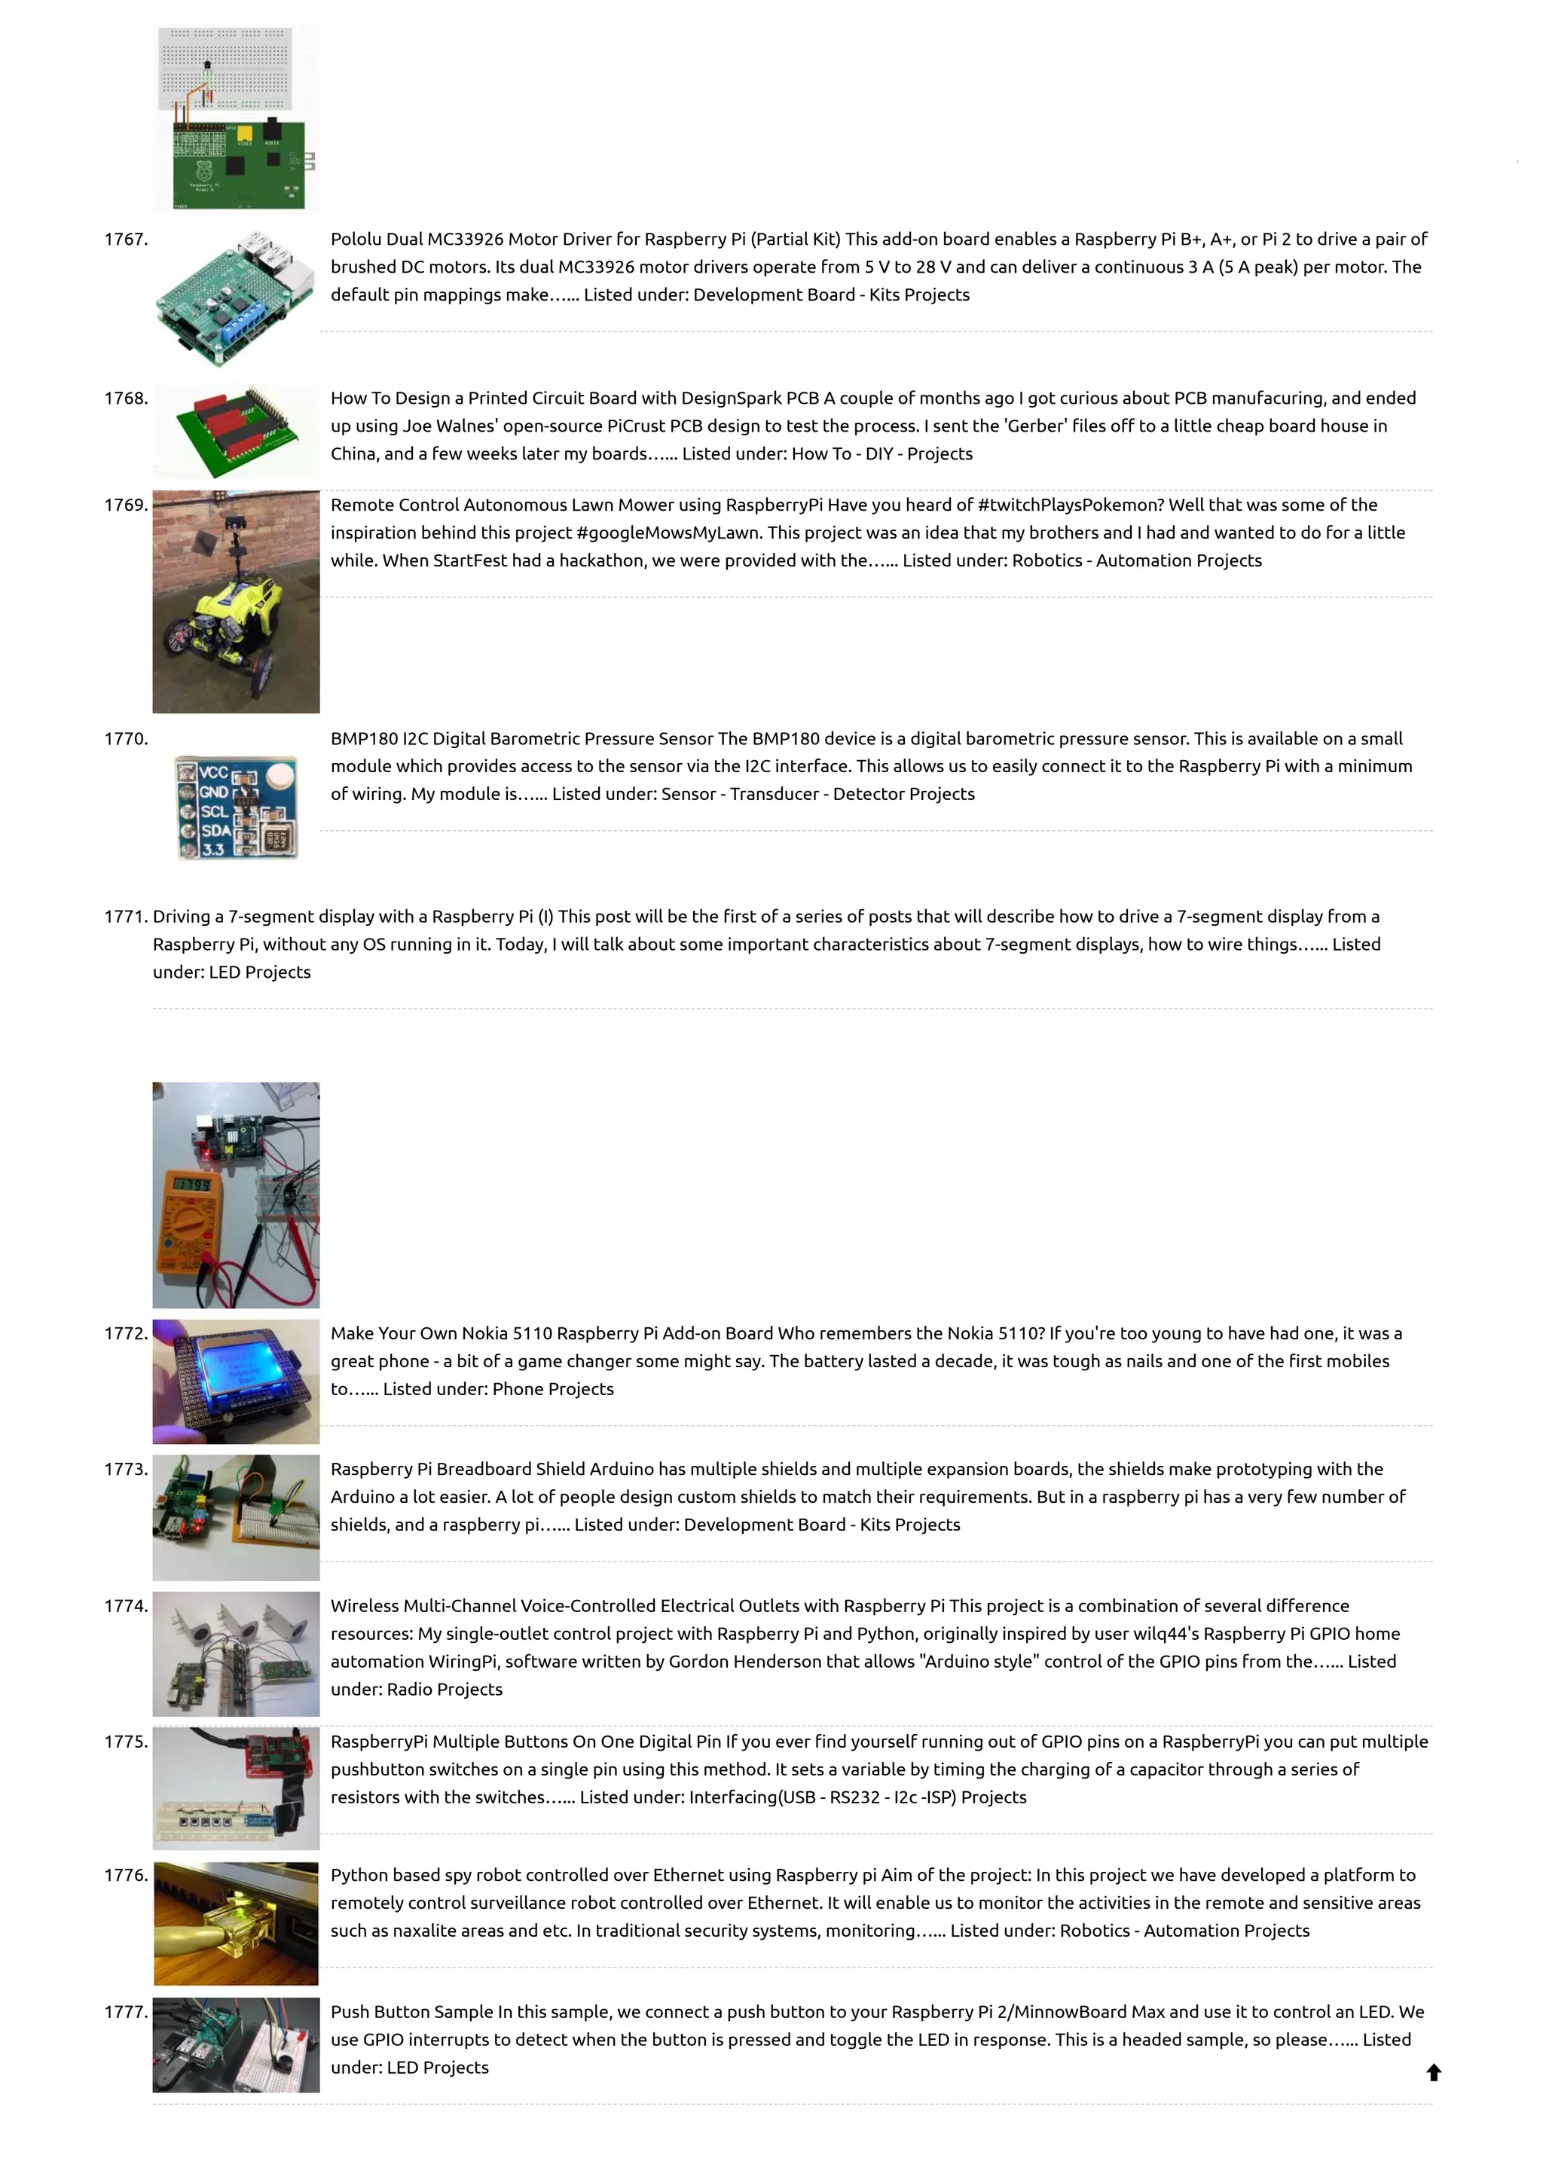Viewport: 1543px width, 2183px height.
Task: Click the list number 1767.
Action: point(126,240)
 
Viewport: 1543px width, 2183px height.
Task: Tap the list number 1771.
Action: point(126,917)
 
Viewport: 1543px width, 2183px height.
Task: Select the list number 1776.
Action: point(126,1875)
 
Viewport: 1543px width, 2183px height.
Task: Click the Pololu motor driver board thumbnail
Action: point(236,297)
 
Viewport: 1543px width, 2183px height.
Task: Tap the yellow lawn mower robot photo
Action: point(236,602)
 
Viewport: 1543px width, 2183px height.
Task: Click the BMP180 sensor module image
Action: point(236,808)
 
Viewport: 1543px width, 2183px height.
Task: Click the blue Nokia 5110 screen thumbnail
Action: point(236,1381)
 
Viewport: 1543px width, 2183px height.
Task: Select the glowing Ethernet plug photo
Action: point(236,1923)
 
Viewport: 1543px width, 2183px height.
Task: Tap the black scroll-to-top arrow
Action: point(1434,2072)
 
